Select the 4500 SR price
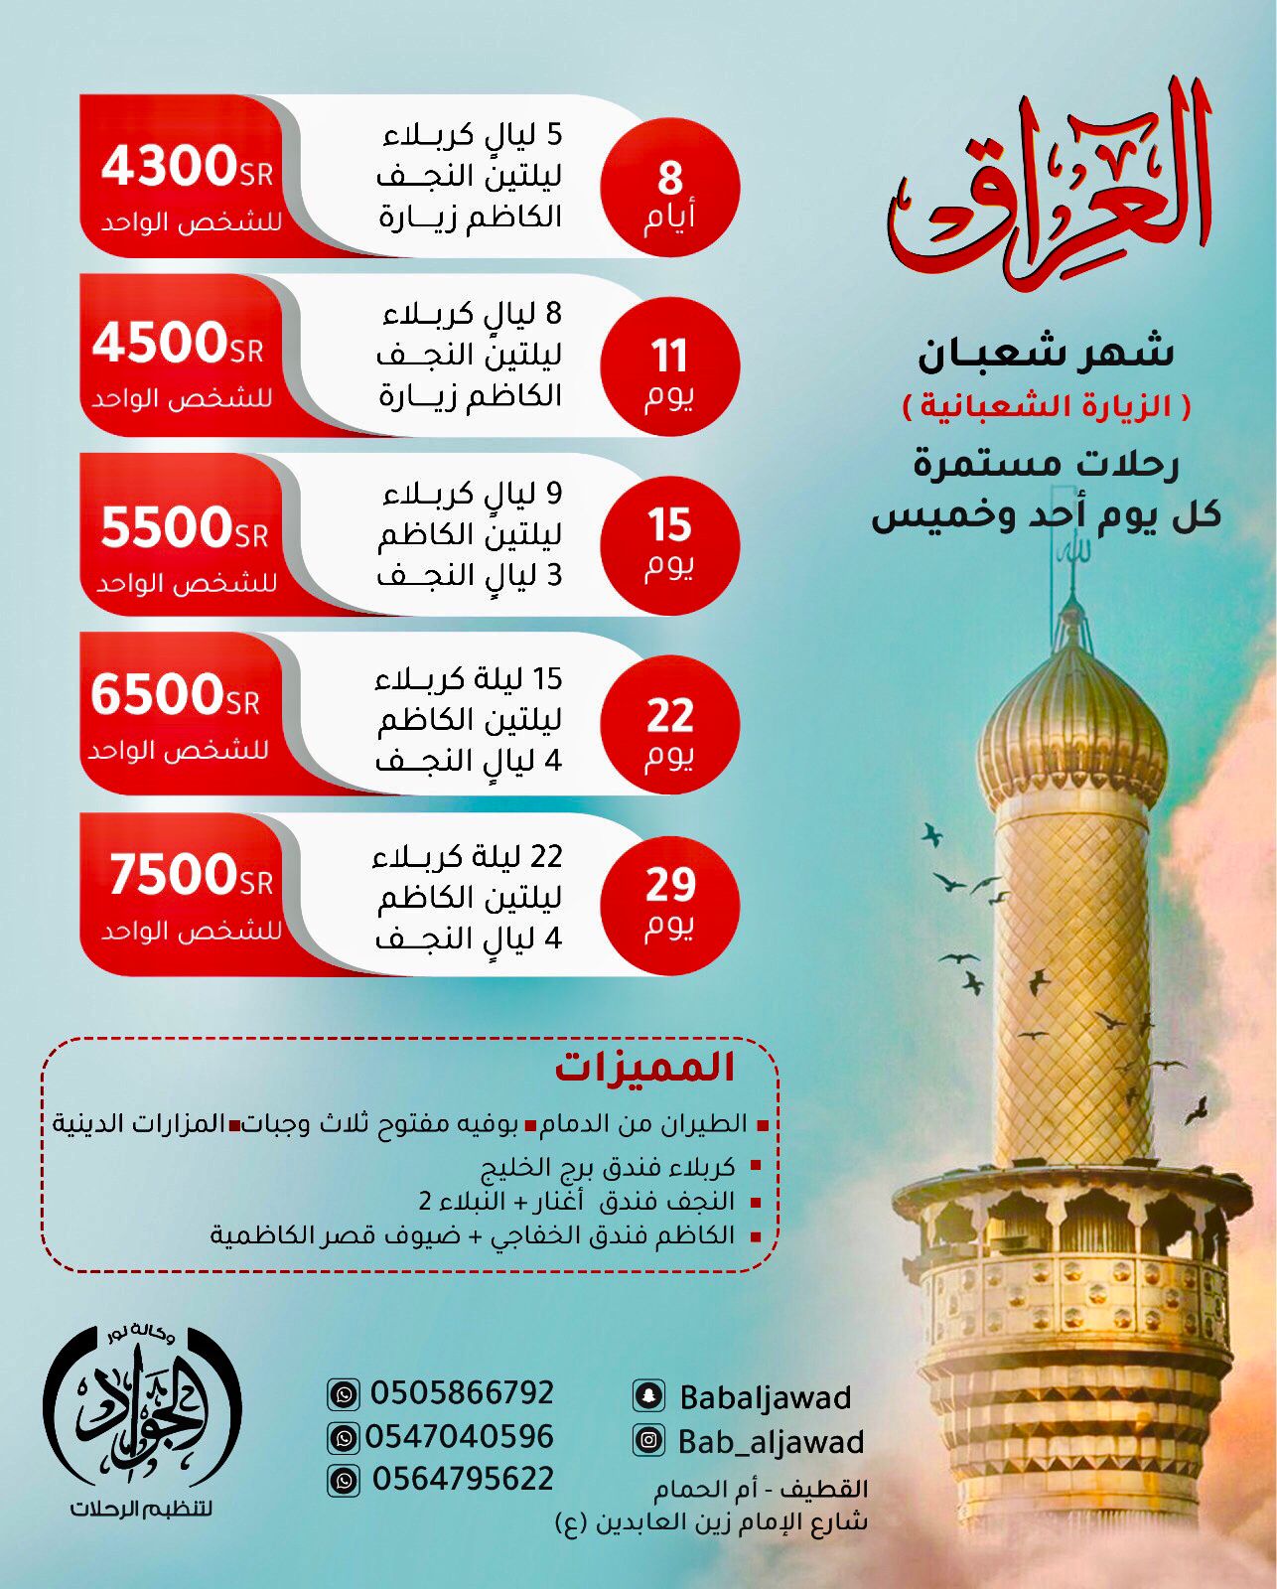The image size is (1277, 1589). pyautogui.click(x=178, y=344)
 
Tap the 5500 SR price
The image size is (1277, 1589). pyautogui.click(x=184, y=527)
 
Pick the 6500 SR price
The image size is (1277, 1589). pyautogui.click(x=175, y=694)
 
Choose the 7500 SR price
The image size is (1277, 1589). pyautogui.click(x=190, y=875)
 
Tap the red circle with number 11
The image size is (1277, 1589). pyautogui.click(x=670, y=367)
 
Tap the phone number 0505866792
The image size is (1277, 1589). pyautogui.click(x=462, y=1392)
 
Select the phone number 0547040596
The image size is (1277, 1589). pyautogui.click(x=459, y=1436)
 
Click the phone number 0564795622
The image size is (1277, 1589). pyautogui.click(x=463, y=1479)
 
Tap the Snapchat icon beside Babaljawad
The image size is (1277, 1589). pyautogui.click(x=648, y=1396)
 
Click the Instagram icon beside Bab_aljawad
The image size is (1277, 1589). pyautogui.click(x=648, y=1440)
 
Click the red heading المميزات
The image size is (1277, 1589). pyautogui.click(x=645, y=1068)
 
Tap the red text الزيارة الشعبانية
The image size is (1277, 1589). pyautogui.click(x=1046, y=407)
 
